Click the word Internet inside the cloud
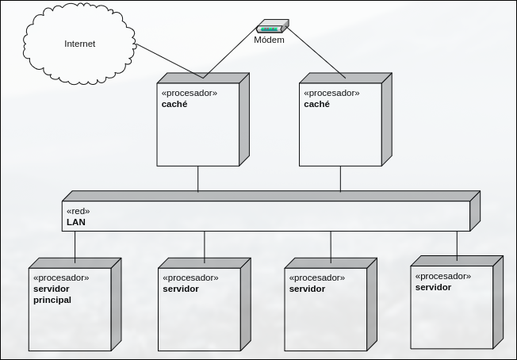pos(79,44)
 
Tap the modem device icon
pos(270,27)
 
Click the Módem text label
pos(269,40)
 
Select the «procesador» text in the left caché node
pos(189,93)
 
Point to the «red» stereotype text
pos(78,211)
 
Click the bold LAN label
pos(76,223)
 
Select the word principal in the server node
pos(52,301)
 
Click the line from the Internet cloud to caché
pos(170,62)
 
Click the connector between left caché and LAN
pos(198,178)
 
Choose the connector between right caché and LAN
pos(341,178)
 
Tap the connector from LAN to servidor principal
pos(75,246)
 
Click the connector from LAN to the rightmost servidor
pos(457,244)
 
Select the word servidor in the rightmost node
pos(433,287)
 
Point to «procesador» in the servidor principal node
pos(61,278)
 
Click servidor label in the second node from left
pos(181,289)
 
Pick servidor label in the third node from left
pos(308,289)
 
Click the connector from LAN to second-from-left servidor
pos(205,247)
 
